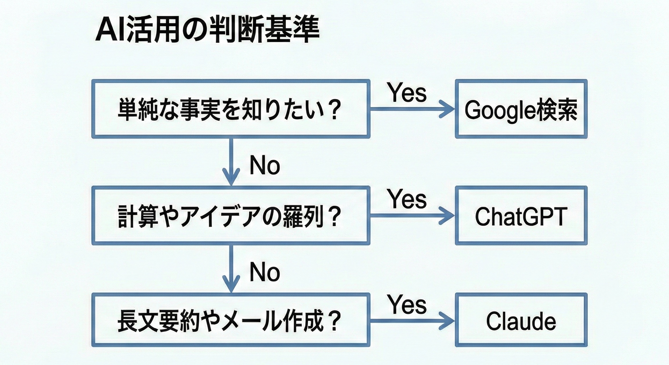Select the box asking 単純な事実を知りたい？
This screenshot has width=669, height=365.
231,109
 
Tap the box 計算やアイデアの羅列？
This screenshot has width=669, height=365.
231,216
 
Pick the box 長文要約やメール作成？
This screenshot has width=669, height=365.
231,320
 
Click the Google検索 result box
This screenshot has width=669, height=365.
521,109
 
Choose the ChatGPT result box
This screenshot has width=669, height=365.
521,216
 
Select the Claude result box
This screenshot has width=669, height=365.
521,320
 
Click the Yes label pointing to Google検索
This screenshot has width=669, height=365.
407,93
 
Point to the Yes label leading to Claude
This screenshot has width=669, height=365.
407,304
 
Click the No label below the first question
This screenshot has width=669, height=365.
265,165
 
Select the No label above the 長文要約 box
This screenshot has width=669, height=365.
265,272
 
